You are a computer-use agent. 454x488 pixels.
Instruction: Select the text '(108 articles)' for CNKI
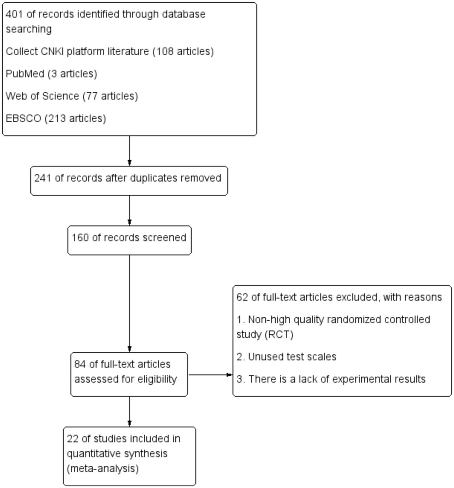point(183,52)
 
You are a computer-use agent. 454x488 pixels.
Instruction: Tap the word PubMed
point(25,74)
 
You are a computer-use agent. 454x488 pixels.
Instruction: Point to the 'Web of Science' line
point(72,96)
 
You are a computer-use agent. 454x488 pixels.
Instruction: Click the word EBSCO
point(23,119)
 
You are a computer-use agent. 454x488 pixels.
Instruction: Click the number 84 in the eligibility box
point(80,364)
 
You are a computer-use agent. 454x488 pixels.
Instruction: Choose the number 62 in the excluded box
point(242,297)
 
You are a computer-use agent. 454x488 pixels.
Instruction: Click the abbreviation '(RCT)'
point(279,335)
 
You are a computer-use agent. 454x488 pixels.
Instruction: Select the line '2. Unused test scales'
point(286,357)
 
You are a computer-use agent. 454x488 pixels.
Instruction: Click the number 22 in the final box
point(72,439)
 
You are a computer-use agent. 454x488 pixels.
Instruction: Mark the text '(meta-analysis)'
point(103,469)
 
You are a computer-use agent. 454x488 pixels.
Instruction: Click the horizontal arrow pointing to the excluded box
point(210,375)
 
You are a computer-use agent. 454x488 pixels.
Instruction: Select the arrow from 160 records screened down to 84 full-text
point(130,302)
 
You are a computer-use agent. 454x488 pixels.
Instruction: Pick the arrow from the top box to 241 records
point(130,151)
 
